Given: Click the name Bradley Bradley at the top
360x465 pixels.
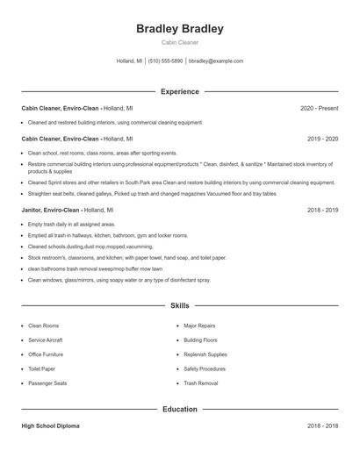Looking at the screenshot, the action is pyautogui.click(x=179, y=29).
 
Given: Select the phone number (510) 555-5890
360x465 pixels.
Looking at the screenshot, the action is pyautogui.click(x=165, y=61).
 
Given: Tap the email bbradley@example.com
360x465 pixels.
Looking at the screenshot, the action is pyautogui.click(x=216, y=61).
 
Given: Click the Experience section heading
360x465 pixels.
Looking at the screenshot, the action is pyautogui.click(x=179, y=91).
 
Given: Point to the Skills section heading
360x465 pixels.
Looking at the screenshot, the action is pyautogui.click(x=179, y=306).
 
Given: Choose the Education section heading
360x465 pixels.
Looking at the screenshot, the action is pyautogui.click(x=179, y=409).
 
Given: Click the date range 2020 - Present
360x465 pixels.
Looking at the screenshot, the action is pyautogui.click(x=319, y=108).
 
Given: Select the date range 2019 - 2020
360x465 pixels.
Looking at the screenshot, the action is pyautogui.click(x=322, y=139).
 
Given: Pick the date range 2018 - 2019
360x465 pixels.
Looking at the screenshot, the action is pyautogui.click(x=322, y=211).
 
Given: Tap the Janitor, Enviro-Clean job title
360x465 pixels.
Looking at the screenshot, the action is pyautogui.click(x=51, y=211).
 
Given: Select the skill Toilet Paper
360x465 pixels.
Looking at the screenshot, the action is pyautogui.click(x=42, y=368).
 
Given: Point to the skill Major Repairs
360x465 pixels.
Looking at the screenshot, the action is pyautogui.click(x=199, y=325).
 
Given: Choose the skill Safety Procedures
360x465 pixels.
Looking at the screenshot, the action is pyautogui.click(x=205, y=368).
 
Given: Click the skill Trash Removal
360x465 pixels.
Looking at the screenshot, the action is pyautogui.click(x=201, y=383).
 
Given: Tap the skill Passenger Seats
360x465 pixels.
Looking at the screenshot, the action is pyautogui.click(x=47, y=383).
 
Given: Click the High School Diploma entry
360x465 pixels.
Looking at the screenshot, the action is pyautogui.click(x=50, y=426).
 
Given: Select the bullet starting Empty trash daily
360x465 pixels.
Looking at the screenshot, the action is pyautogui.click(x=66, y=225).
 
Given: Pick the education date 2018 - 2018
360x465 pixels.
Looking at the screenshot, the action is pyautogui.click(x=322, y=426).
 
